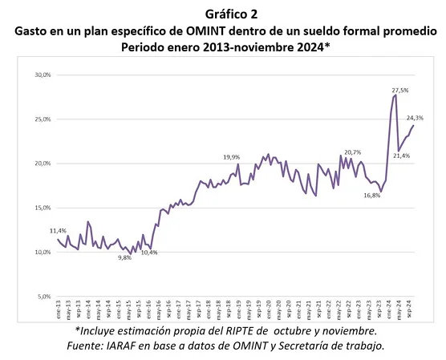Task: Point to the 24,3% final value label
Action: pyautogui.click(x=415, y=118)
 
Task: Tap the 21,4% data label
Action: pyautogui.click(x=402, y=156)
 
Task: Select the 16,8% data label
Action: pyautogui.click(x=371, y=195)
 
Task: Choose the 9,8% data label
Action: pyautogui.click(x=124, y=257)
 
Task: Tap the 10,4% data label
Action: pyautogui.click(x=149, y=253)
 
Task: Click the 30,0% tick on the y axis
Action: pyautogui.click(x=42, y=75)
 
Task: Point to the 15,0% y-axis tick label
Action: pyautogui.click(x=42, y=208)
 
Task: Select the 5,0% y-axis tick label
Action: pyautogui.click(x=43, y=297)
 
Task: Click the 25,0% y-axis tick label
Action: pyautogui.click(x=42, y=119)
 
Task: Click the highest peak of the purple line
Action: pyautogui.click(x=395, y=96)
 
